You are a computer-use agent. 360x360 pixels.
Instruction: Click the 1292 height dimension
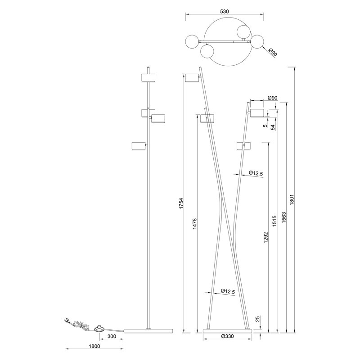click(x=265, y=237)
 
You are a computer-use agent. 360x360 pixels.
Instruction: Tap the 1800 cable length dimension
click(x=94, y=346)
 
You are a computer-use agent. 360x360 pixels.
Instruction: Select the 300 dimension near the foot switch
click(x=112, y=337)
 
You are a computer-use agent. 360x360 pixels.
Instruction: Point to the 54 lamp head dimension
click(x=273, y=126)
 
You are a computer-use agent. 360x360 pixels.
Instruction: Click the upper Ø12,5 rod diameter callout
click(x=255, y=173)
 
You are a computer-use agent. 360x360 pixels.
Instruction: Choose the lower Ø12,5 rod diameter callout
click(x=228, y=292)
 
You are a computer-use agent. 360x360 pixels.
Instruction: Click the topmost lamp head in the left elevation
click(x=148, y=77)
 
